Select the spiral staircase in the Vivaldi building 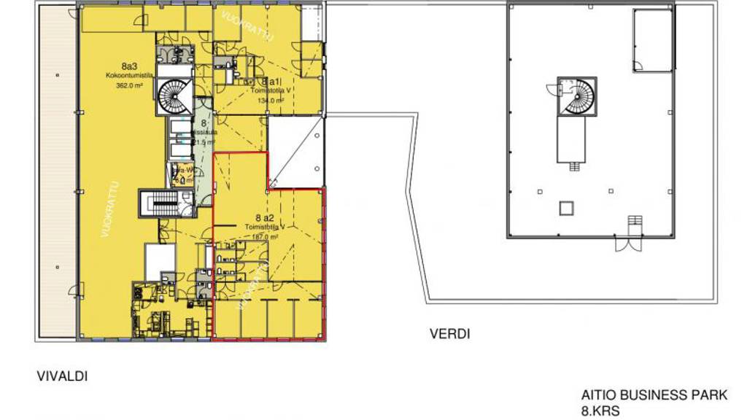tap(175, 96)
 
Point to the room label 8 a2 tap(264, 218)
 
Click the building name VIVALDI tap(62, 377)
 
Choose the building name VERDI tap(449, 335)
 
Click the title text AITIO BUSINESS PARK tap(654, 396)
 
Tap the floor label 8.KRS tap(600, 412)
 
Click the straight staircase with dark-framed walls tap(160, 203)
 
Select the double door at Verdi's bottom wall tap(629, 244)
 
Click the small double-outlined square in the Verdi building tap(567, 209)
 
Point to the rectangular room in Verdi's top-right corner tap(652, 41)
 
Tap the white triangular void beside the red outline tap(295, 154)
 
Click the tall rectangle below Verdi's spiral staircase tap(573, 139)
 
